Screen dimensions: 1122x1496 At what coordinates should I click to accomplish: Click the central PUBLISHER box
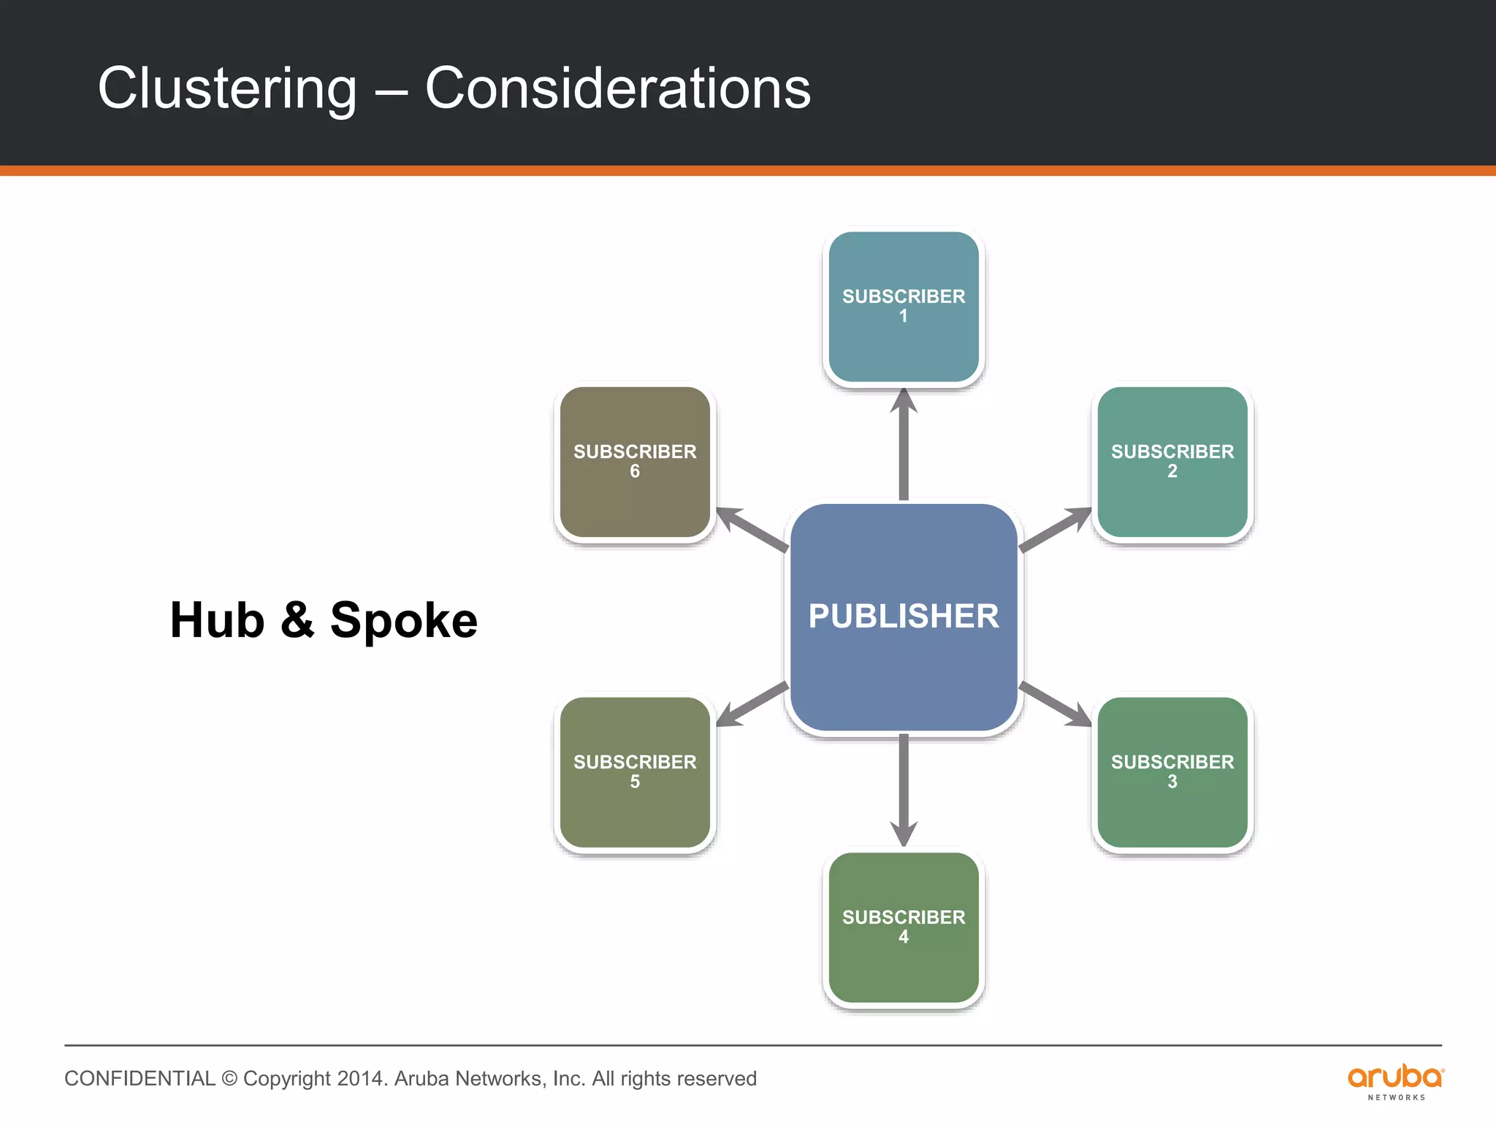(x=904, y=617)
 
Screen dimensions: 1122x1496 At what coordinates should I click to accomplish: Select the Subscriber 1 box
(x=904, y=307)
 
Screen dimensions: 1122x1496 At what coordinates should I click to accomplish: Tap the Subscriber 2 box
(x=1172, y=462)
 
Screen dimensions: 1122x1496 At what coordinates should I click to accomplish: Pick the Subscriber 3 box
(x=1172, y=772)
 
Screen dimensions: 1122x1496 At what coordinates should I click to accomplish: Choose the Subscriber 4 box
(x=904, y=927)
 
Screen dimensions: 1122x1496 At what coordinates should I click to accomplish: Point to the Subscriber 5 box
(x=635, y=772)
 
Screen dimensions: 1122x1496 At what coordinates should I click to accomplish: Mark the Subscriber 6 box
(x=635, y=462)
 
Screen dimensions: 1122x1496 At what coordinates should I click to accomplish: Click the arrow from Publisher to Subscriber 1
(x=904, y=446)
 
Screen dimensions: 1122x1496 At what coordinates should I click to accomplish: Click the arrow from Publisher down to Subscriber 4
(x=904, y=789)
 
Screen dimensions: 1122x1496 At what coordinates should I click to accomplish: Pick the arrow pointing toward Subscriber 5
(x=752, y=704)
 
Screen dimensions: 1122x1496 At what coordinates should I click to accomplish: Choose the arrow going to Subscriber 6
(x=752, y=530)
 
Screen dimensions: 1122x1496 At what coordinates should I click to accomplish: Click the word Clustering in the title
(x=227, y=89)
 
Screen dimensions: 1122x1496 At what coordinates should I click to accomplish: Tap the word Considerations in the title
(x=617, y=89)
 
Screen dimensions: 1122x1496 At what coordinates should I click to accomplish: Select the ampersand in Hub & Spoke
(x=297, y=619)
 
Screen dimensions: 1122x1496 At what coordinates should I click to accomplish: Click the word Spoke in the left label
(x=403, y=621)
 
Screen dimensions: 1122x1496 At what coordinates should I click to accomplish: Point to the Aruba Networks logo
(x=1395, y=1081)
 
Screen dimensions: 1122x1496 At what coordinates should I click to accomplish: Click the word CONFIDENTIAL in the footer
(x=140, y=1079)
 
